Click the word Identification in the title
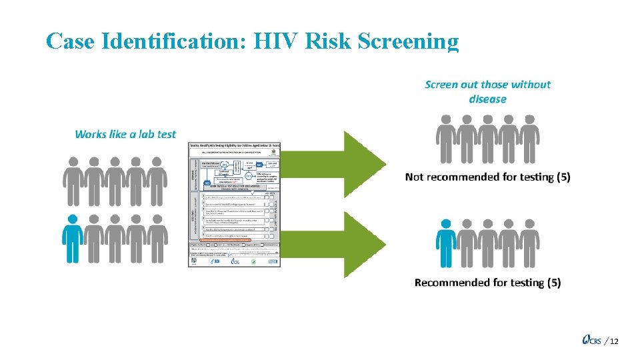click(x=174, y=41)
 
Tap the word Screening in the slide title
click(x=408, y=41)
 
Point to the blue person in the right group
click(x=445, y=237)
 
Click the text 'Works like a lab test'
click(x=125, y=134)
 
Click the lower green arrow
click(x=364, y=243)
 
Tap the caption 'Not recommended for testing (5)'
click(x=487, y=177)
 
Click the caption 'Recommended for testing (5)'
click(x=487, y=283)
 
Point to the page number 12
click(x=614, y=341)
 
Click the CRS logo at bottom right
click(x=591, y=341)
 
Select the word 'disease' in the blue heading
click(x=487, y=99)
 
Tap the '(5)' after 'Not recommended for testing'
click(x=561, y=177)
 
